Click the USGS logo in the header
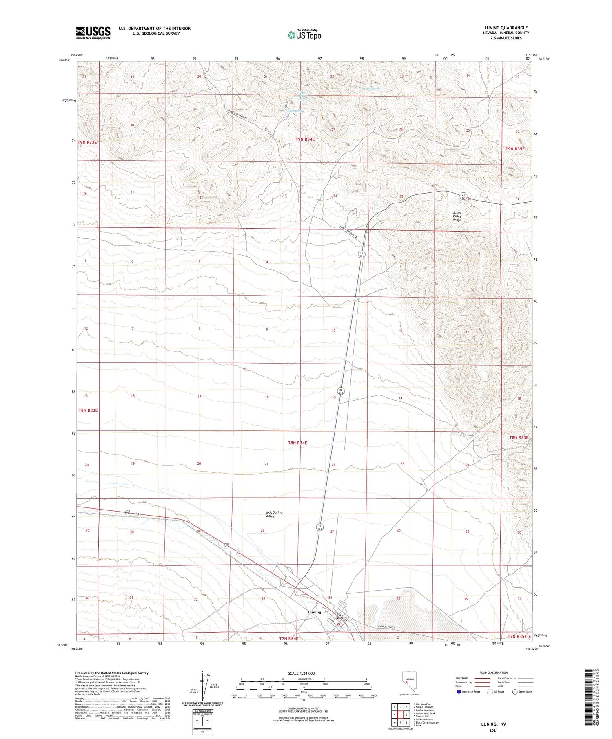pyautogui.click(x=93, y=33)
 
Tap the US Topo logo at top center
pyautogui.click(x=304, y=35)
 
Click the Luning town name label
pyautogui.click(x=315, y=612)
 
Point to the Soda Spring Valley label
pyautogui.click(x=274, y=514)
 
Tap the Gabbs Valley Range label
pyautogui.click(x=457, y=216)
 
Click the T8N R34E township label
pyautogui.click(x=297, y=443)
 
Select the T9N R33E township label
pyautogui.click(x=87, y=142)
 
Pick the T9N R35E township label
pyautogui.click(x=515, y=149)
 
